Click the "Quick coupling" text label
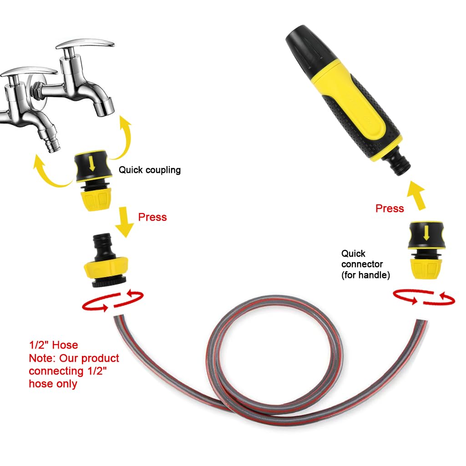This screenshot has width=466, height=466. pos(149,170)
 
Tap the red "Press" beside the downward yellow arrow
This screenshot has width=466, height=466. pos(152,217)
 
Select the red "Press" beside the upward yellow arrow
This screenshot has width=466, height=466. pos(390,208)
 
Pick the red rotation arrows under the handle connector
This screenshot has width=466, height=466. pos(424,298)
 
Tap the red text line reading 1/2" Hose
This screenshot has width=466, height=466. pos(53,345)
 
